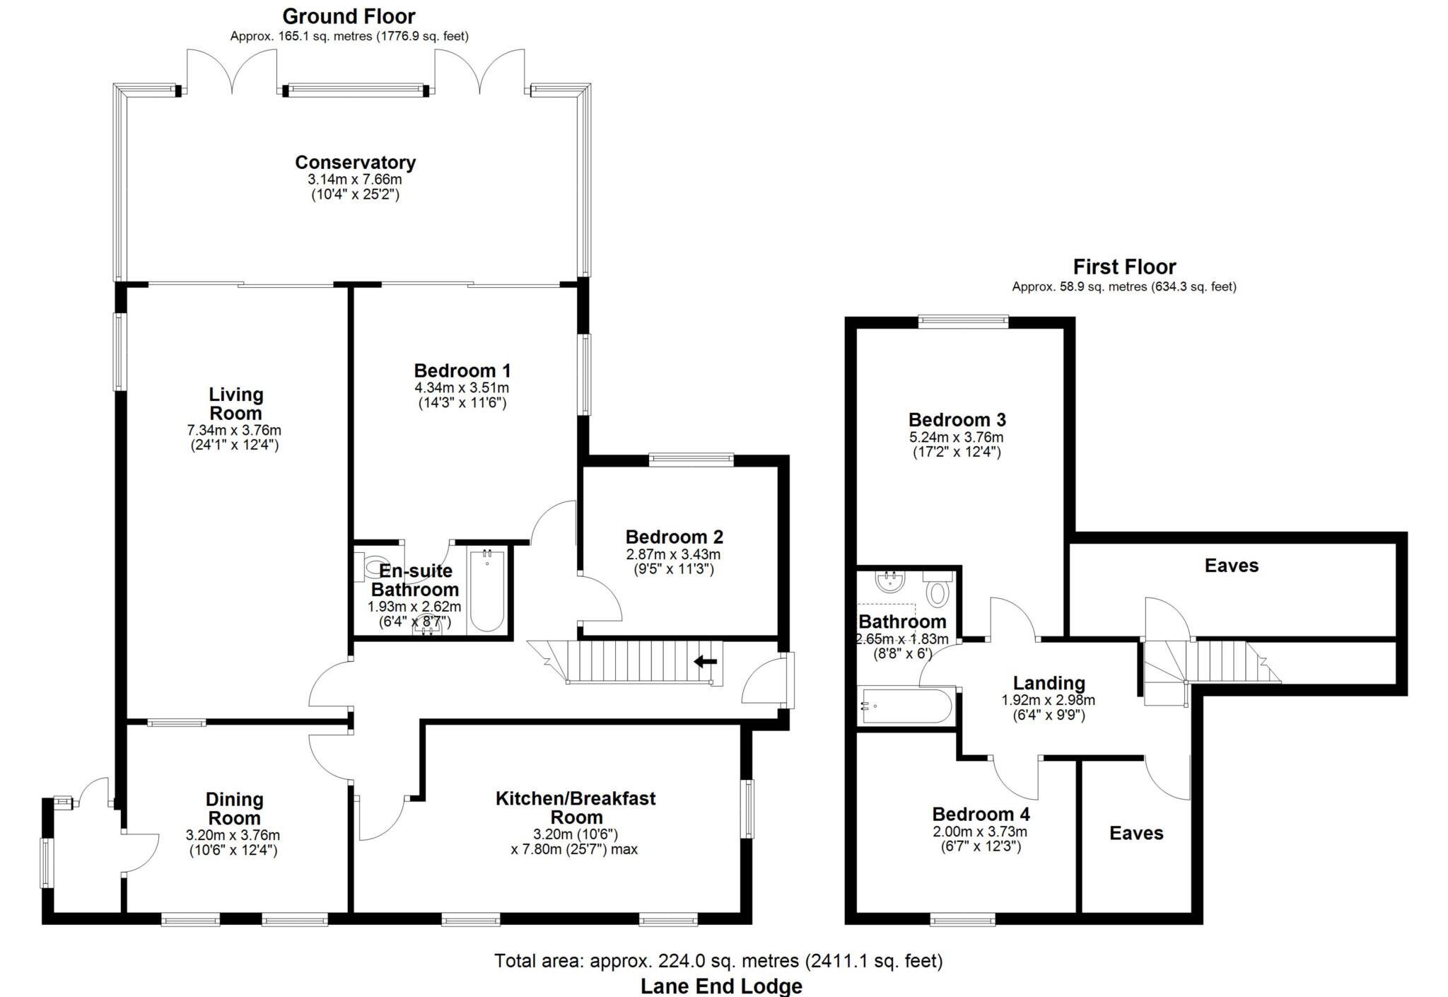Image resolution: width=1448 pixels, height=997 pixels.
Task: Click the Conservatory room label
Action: [355, 163]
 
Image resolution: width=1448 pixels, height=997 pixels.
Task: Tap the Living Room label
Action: [235, 404]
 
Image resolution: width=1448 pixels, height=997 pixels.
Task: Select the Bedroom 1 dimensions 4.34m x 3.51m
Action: [462, 388]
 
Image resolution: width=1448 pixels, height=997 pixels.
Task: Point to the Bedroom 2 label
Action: [674, 537]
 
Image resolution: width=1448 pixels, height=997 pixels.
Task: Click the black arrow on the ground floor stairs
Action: [705, 662]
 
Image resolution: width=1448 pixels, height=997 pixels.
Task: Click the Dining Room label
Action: [234, 808]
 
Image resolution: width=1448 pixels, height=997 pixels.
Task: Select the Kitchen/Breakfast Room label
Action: [576, 807]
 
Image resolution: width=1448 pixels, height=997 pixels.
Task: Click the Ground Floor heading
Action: [349, 16]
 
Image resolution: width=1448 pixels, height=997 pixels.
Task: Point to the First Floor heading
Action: [1124, 267]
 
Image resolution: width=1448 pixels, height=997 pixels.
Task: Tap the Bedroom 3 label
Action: [957, 420]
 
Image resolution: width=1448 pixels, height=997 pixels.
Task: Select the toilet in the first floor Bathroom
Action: [938, 591]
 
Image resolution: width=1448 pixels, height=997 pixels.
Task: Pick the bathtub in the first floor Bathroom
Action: [906, 706]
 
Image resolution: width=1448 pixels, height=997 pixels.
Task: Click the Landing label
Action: [1049, 683]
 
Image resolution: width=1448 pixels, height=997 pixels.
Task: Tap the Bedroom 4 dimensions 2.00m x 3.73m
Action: [980, 832]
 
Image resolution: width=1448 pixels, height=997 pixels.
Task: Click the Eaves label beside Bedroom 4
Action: [1135, 833]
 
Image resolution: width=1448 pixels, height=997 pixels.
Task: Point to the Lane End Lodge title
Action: [721, 986]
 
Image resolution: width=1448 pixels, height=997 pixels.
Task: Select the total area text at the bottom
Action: [718, 961]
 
